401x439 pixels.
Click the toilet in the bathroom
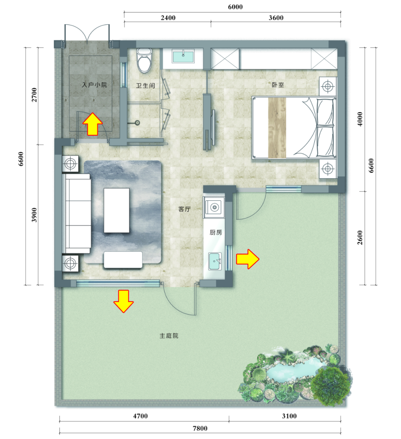click(x=144, y=60)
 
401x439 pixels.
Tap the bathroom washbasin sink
click(x=183, y=56)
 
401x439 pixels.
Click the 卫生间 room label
click(x=145, y=86)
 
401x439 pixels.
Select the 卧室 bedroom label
click(x=278, y=84)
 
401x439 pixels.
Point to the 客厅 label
click(x=185, y=209)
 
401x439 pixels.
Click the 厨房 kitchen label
click(x=215, y=232)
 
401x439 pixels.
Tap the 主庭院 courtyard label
click(x=169, y=336)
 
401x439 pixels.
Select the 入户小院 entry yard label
click(x=94, y=84)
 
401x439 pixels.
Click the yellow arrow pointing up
click(x=92, y=124)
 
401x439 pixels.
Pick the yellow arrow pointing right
click(x=248, y=259)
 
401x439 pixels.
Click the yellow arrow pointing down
click(x=124, y=301)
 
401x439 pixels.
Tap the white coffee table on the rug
click(x=117, y=210)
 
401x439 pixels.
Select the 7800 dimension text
click(x=200, y=428)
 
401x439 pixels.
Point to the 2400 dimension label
click(x=168, y=18)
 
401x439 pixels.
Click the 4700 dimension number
click(x=140, y=416)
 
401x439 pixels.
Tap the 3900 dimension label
click(x=34, y=215)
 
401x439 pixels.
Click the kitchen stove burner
click(x=214, y=207)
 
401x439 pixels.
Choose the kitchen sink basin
click(x=215, y=261)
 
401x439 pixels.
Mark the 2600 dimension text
click(x=360, y=238)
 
